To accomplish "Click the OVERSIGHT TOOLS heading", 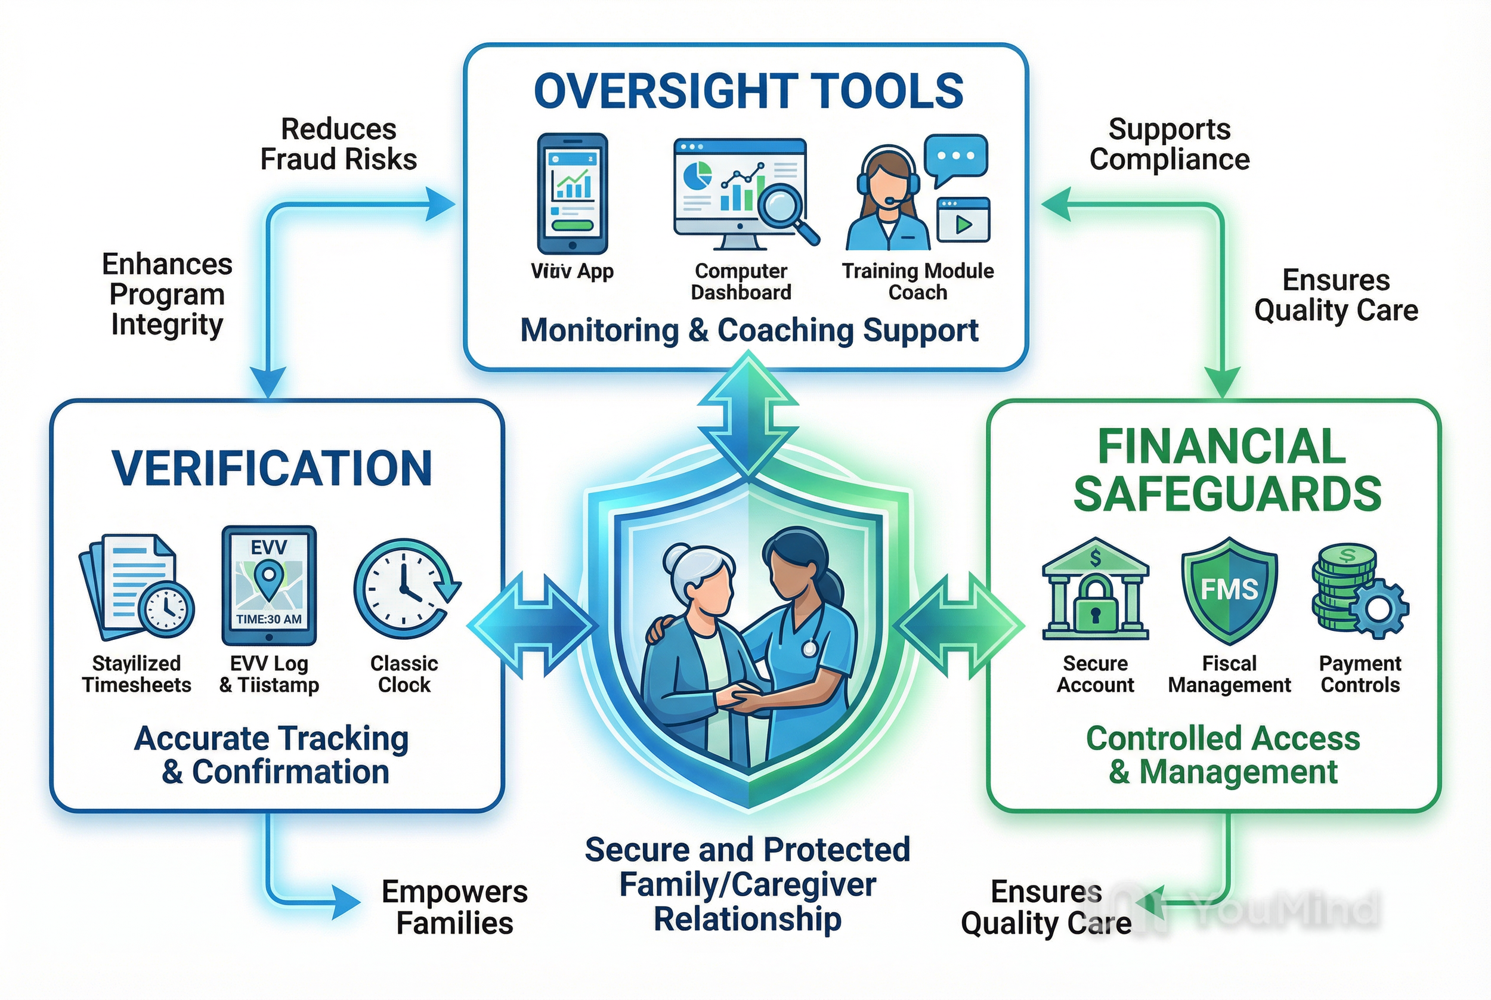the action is [x=748, y=91].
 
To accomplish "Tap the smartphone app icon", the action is [x=572, y=193].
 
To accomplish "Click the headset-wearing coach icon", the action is [x=886, y=199].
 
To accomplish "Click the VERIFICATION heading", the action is [x=273, y=468].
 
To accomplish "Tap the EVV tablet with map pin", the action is [x=269, y=586].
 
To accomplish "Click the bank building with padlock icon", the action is [x=1095, y=589].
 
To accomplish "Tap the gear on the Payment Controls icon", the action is [x=1379, y=609].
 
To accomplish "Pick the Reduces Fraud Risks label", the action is [x=339, y=144].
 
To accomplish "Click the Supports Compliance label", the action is [x=1169, y=144].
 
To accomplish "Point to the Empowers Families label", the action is [x=454, y=907].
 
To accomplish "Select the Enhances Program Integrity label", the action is [x=167, y=294].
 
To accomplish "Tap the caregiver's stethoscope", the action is [x=809, y=648].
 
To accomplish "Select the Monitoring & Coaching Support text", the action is [x=748, y=330].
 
